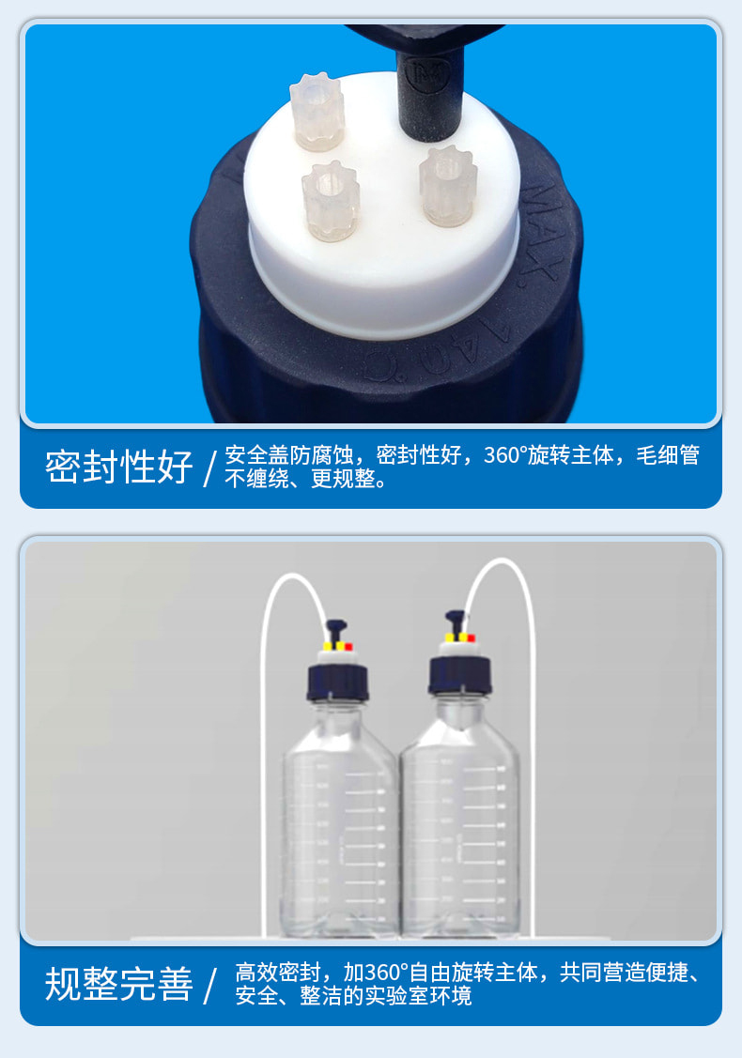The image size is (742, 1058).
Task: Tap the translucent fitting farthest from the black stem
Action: [x=317, y=114]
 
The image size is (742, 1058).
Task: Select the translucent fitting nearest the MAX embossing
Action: [x=448, y=186]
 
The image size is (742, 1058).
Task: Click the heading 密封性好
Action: [x=118, y=467]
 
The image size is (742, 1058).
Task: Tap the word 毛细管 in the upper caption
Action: [x=668, y=455]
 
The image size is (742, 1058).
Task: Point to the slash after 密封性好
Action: [x=209, y=468]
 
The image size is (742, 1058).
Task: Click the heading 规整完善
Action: [x=118, y=983]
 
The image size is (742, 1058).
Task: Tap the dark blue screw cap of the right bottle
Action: [x=460, y=674]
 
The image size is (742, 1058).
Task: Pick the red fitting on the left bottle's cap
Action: [x=348, y=646]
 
